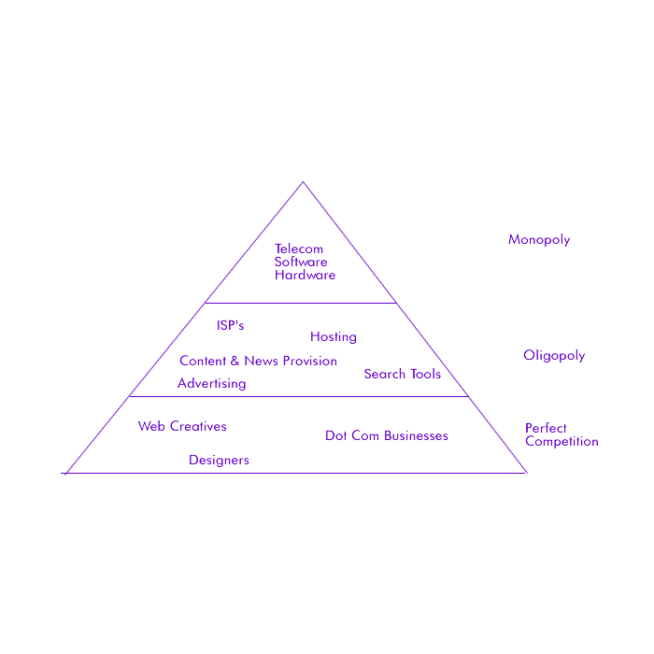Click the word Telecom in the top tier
point(299,249)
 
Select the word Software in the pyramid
point(301,263)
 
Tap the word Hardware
point(305,276)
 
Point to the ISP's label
point(230,325)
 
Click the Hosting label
point(334,336)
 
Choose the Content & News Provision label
point(258,361)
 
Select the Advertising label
point(212,383)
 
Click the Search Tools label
point(403,374)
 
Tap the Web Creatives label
point(182,426)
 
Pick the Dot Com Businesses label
point(387,435)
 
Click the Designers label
point(219,460)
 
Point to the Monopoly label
point(539,240)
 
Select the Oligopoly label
point(554,355)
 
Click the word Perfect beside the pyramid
point(546,429)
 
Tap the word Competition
point(562,442)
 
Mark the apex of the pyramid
point(303,181)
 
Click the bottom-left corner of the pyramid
point(65,473)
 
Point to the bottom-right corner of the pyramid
point(526,473)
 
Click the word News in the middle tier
point(261,361)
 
